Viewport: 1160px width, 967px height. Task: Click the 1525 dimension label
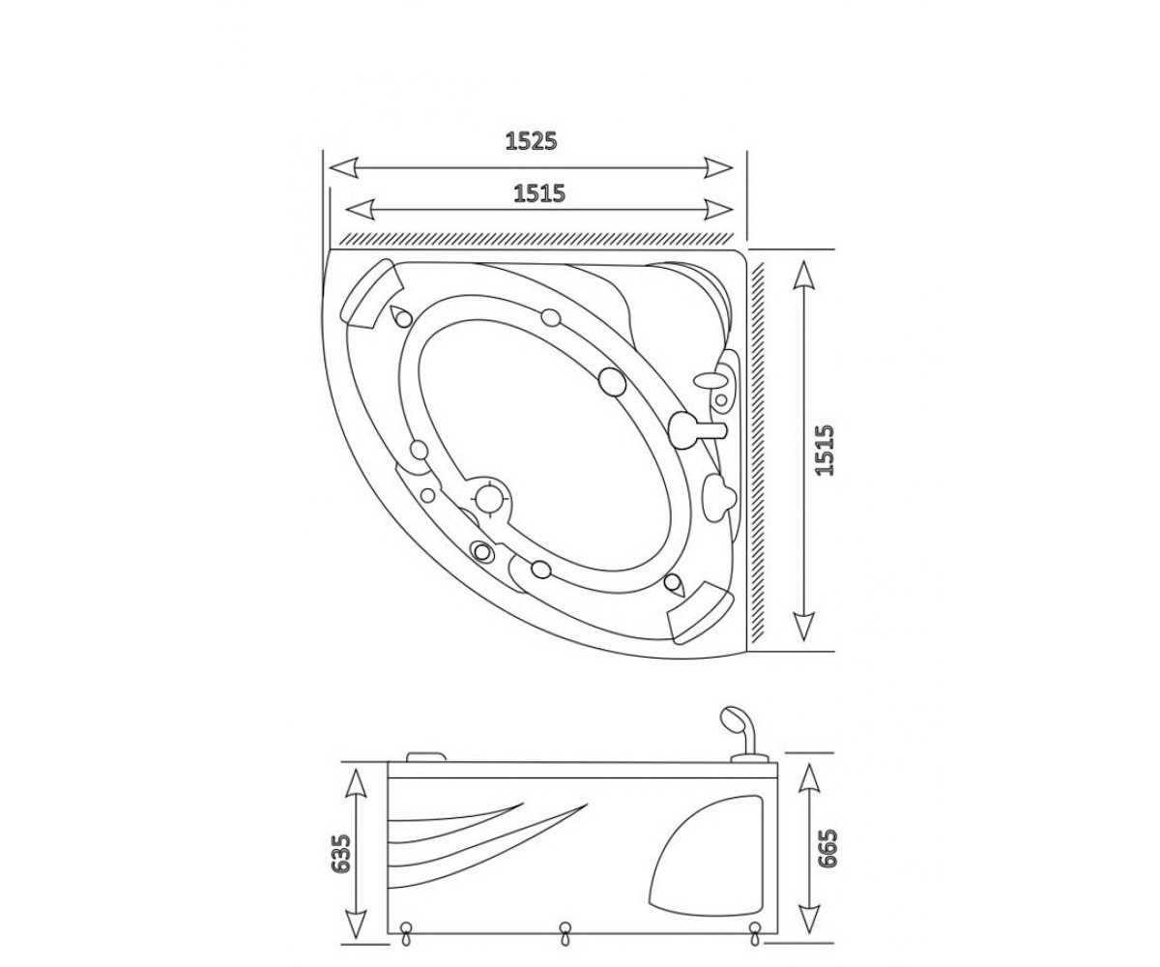531,141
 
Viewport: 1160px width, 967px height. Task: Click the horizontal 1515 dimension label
538,192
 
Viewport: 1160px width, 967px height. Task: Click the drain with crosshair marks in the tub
490,498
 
